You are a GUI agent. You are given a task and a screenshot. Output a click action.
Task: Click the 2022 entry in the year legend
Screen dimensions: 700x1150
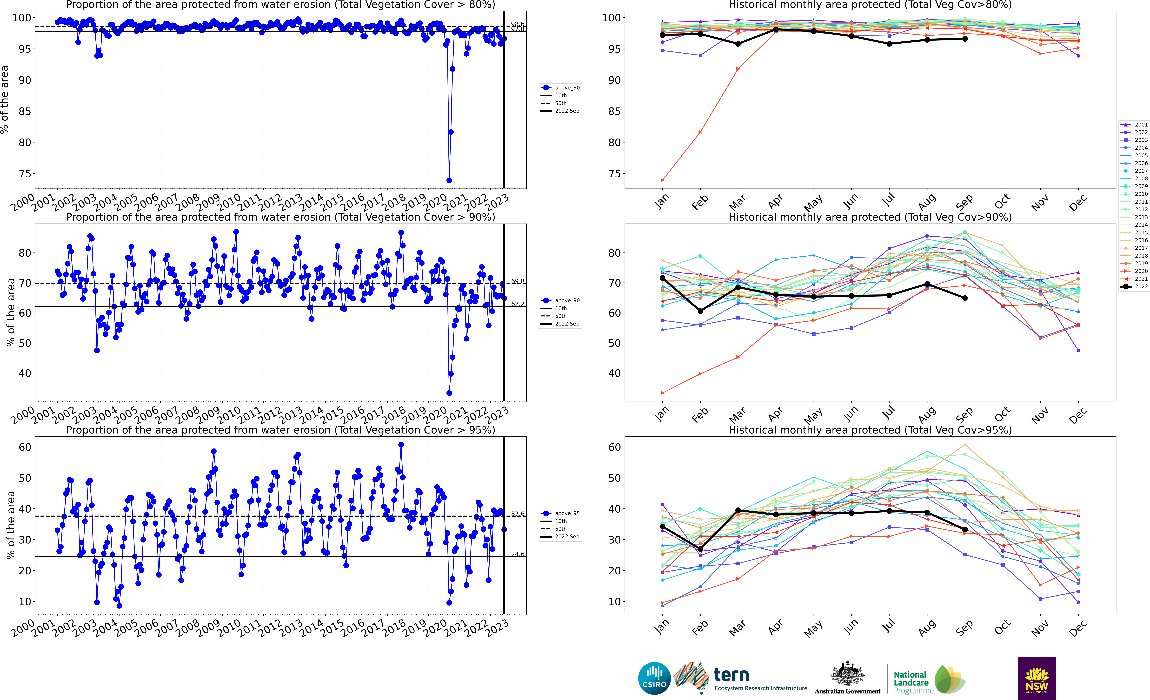tap(1134, 287)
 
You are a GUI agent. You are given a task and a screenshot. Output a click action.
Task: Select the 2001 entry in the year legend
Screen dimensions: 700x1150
tap(1134, 125)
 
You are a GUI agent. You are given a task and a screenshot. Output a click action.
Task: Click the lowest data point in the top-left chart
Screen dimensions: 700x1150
tap(449, 180)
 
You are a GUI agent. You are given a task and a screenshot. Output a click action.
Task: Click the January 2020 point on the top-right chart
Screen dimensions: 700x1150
tap(662, 180)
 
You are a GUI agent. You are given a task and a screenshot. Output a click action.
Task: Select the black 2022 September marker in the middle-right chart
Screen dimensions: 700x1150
tap(965, 298)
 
